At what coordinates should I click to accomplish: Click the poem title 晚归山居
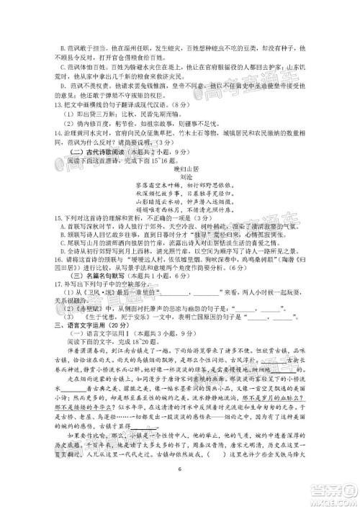click(181, 186)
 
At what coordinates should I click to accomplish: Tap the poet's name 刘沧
click(181, 194)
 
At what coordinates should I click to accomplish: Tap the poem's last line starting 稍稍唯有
click(181, 229)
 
